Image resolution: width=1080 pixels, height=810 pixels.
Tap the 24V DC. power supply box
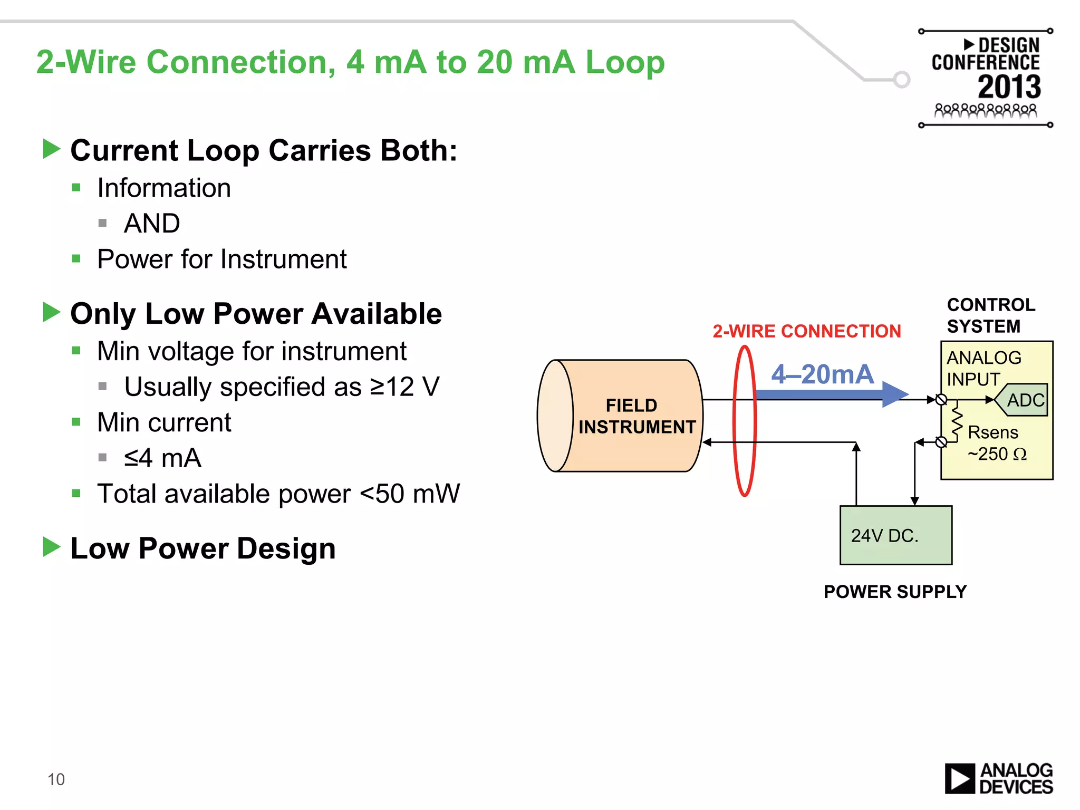pos(895,535)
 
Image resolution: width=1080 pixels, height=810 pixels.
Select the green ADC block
pos(1023,400)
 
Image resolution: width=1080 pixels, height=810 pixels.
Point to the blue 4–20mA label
pos(822,374)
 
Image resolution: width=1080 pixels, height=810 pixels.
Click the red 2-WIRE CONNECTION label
pos(806,331)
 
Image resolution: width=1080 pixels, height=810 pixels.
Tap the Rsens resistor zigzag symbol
pos(956,421)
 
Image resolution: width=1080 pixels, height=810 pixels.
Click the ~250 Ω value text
pos(997,454)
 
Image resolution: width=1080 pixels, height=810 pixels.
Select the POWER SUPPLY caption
pos(895,592)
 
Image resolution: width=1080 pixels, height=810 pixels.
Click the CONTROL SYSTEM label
pos(990,315)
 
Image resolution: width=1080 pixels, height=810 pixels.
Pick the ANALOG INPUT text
pos(983,368)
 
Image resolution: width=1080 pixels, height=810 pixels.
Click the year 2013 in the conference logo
pos(1009,87)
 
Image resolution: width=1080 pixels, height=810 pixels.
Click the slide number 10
pos(56,779)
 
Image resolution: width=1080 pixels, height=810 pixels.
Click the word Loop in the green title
pos(625,62)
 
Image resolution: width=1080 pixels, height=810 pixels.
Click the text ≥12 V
pos(404,387)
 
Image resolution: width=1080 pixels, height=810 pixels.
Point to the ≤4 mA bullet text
pos(162,458)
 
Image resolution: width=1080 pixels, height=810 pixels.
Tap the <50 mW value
pos(410,494)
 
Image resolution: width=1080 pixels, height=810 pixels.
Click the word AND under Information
pos(152,224)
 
